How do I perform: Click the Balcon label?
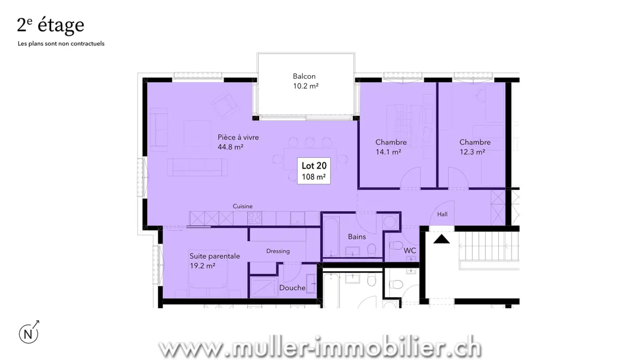click(304, 76)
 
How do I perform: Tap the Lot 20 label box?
click(314, 171)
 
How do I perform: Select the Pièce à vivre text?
click(238, 137)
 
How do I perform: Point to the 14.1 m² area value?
click(388, 152)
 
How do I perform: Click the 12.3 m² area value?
click(472, 152)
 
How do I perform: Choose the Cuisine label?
click(243, 206)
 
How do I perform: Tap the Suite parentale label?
click(215, 256)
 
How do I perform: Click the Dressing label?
click(278, 251)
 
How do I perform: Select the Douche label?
click(292, 288)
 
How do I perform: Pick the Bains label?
click(356, 236)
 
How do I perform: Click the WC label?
click(410, 251)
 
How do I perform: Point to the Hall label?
click(442, 214)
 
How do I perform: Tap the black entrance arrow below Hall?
click(441, 239)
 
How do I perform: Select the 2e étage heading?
click(50, 25)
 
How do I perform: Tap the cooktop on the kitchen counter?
click(255, 218)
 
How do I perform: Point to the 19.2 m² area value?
click(202, 266)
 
